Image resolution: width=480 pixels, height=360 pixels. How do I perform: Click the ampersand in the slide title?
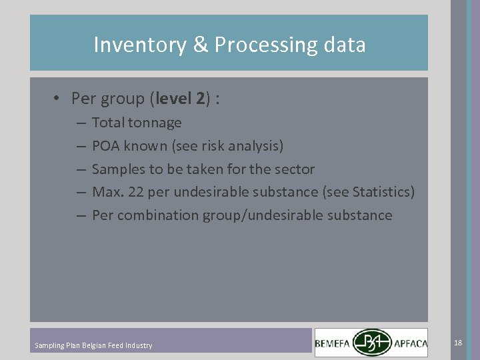point(201,45)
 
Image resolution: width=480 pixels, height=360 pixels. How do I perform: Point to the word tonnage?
point(155,123)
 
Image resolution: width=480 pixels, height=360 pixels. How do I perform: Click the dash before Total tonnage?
point(80,123)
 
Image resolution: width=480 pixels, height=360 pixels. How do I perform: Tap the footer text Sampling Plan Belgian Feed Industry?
point(93,345)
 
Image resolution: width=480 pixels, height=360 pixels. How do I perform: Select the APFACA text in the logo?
point(416,344)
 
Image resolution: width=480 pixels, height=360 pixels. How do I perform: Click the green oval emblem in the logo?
point(373,342)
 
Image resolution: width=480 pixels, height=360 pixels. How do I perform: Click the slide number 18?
point(458,343)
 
